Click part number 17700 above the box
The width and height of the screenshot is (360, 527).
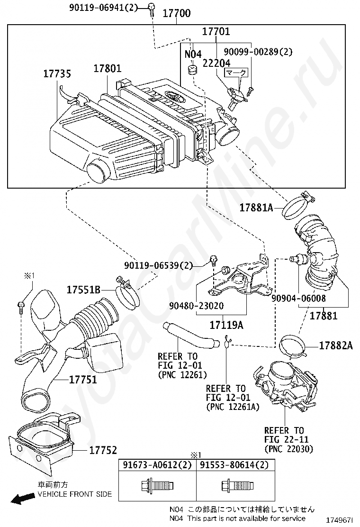tap(176, 13)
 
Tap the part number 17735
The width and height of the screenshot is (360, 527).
tap(57, 74)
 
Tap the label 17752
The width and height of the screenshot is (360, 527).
tap(103, 450)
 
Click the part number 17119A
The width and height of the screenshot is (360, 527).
tap(226, 325)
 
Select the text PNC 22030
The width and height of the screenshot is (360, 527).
tap(288, 449)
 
